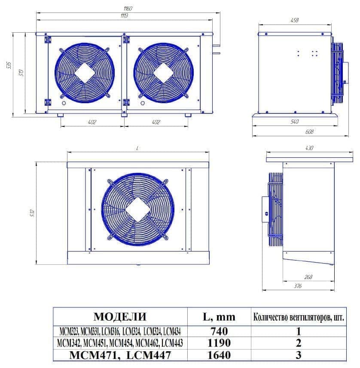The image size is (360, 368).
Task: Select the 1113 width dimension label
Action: (x=125, y=15)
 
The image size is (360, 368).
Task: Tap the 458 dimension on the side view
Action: (x=294, y=20)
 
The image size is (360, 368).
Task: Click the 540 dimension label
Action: (x=294, y=122)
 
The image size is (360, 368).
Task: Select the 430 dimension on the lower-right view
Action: (x=309, y=148)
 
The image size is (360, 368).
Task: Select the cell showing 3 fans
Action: (x=298, y=355)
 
